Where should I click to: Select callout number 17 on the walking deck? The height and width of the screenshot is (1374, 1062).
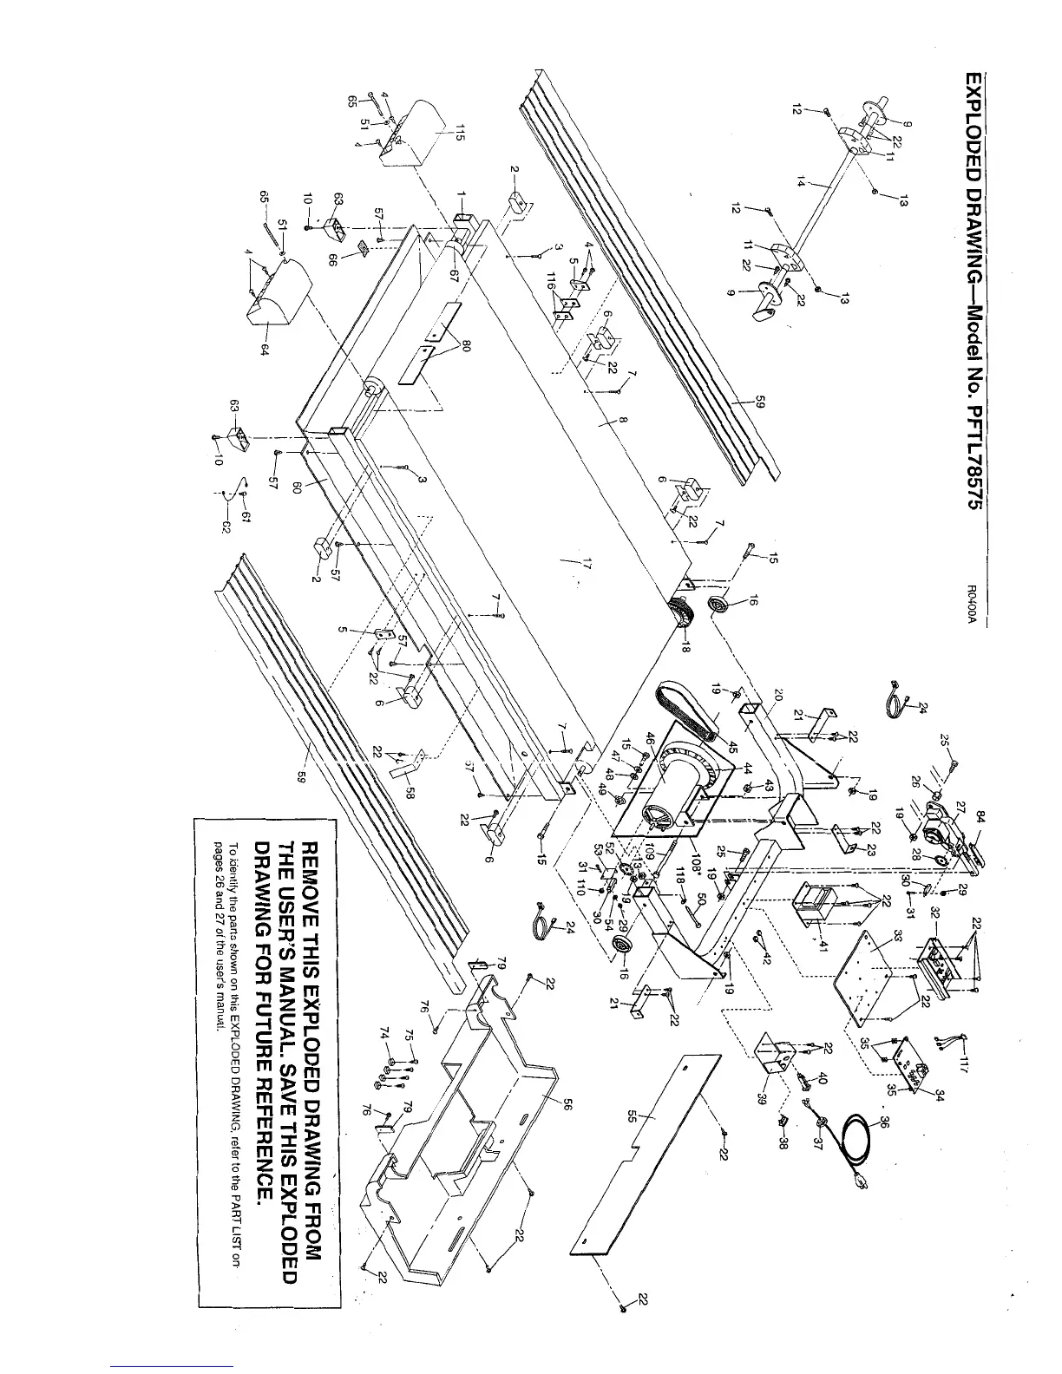tap(587, 565)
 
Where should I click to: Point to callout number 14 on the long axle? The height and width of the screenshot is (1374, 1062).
tap(801, 181)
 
